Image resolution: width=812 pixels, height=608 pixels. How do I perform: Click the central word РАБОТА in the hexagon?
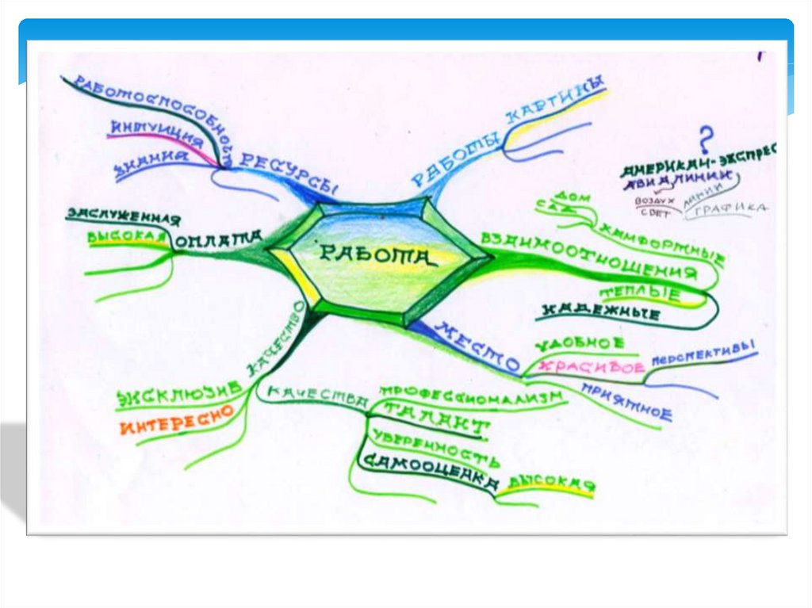377,254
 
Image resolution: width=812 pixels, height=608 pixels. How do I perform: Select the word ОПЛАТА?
219,238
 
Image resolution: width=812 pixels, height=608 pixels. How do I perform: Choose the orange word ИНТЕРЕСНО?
175,419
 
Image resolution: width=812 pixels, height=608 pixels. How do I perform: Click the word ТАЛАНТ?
436,419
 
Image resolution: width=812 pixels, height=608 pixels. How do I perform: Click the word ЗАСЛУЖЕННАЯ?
123,216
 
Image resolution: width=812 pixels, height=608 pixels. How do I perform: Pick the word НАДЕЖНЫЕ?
602,312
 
